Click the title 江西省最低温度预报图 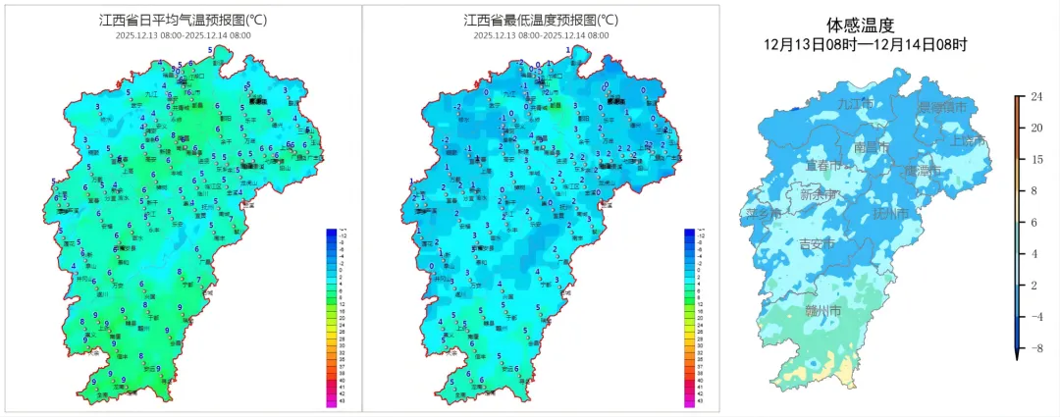[541, 20]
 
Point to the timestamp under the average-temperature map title [177, 34]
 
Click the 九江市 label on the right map [856, 103]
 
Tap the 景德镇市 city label [941, 106]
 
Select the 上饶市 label [969, 141]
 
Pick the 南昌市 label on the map [872, 147]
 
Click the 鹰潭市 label [923, 171]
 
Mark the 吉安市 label [819, 243]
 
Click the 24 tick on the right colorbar [1035, 96]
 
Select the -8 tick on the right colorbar [1035, 348]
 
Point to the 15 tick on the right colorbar [1035, 159]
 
